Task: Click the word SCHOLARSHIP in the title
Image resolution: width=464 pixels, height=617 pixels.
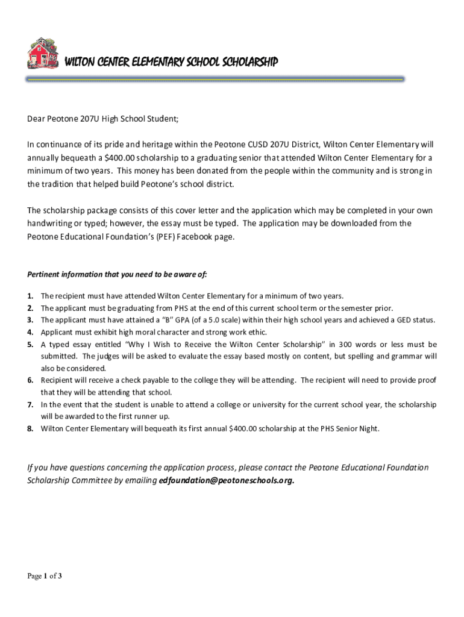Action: (248, 62)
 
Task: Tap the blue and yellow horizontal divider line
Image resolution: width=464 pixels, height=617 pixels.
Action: (215, 80)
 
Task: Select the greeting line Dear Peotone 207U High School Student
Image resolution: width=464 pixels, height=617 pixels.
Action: (103, 118)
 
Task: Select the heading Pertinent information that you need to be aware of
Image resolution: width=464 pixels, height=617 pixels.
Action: (118, 274)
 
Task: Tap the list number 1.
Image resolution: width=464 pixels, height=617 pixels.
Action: (30, 296)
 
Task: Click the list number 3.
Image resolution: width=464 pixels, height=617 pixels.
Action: (30, 320)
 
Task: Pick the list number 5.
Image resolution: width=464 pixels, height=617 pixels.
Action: (30, 344)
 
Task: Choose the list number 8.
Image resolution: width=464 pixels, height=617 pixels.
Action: (30, 428)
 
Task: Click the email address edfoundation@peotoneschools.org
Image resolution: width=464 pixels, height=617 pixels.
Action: (227, 480)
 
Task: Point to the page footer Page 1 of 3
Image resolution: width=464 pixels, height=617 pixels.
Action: (45, 576)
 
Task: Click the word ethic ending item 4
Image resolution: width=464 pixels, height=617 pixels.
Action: (256, 332)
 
